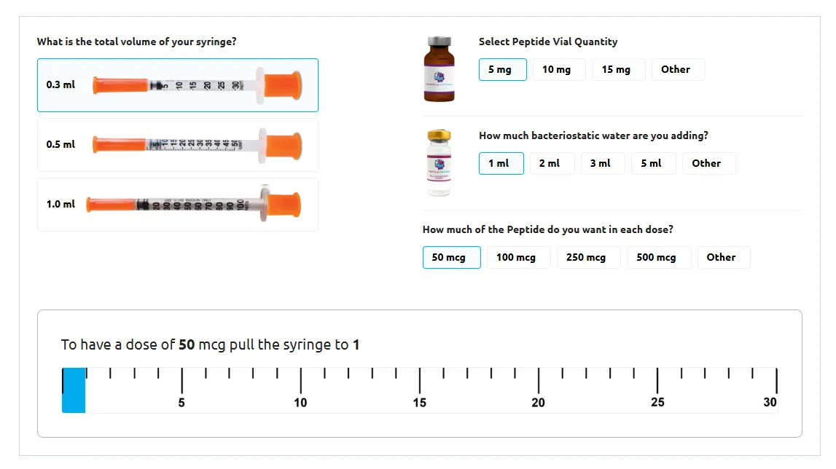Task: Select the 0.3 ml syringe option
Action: (177, 84)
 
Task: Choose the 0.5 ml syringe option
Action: (177, 145)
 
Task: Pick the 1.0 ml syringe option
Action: (177, 205)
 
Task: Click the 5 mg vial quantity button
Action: (502, 70)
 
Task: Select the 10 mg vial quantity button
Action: (558, 70)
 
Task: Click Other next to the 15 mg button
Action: (677, 70)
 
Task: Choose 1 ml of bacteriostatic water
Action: (501, 164)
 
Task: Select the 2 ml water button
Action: (551, 164)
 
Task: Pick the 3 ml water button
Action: (602, 164)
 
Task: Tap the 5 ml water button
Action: (652, 164)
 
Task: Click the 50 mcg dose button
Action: (451, 258)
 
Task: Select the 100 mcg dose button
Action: (517, 258)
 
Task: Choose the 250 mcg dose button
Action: (588, 258)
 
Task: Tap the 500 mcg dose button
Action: (658, 258)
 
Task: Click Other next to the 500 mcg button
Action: (723, 258)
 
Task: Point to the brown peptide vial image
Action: (439, 69)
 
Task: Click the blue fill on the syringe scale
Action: (74, 392)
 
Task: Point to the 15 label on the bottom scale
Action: (420, 403)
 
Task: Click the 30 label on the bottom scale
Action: (770, 403)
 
